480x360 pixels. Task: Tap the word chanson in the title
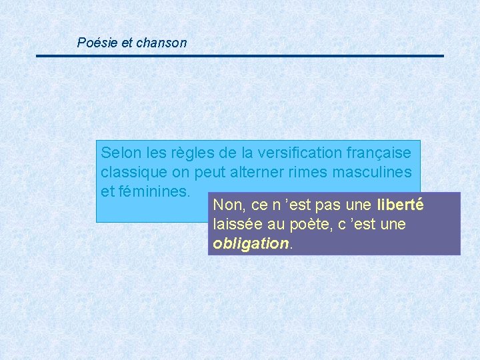point(161,43)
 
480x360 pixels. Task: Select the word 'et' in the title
point(127,43)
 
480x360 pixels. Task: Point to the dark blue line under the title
point(240,56)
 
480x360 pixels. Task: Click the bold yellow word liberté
point(400,205)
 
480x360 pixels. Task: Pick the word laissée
point(237,224)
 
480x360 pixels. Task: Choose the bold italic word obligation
point(250,243)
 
